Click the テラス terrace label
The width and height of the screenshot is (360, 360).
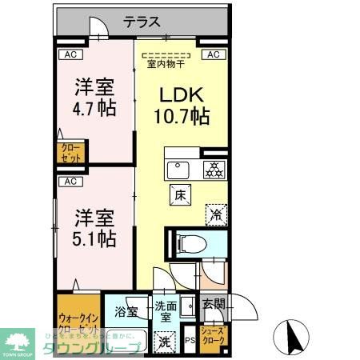143,23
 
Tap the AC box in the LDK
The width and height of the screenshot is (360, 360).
213,55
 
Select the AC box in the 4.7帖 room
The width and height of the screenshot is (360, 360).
70,55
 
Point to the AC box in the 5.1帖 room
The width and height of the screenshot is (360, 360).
70,182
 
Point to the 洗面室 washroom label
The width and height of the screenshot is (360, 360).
166,310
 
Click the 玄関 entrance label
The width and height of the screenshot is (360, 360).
213,303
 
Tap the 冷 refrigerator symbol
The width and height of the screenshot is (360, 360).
214,213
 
